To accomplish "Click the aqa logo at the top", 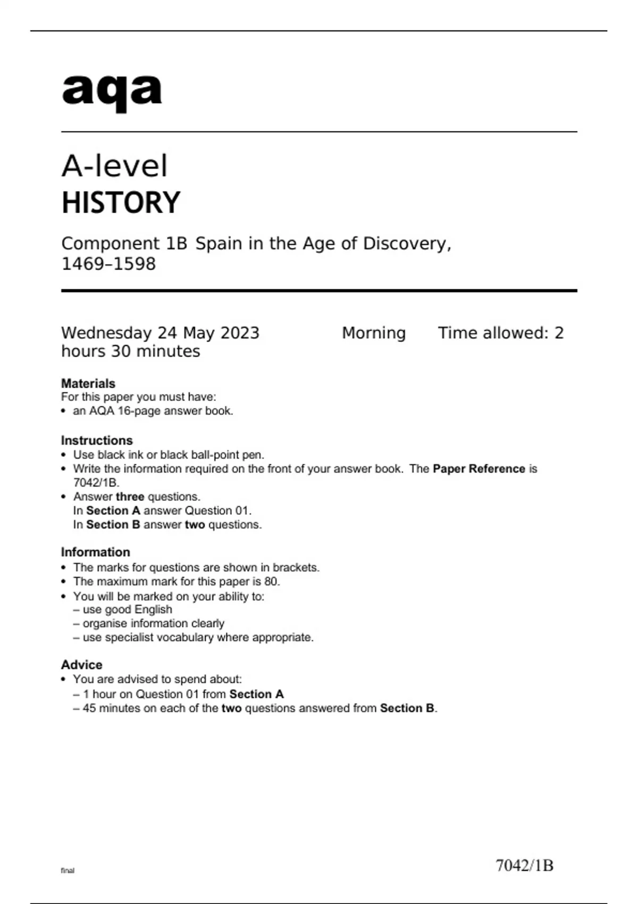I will (x=112, y=91).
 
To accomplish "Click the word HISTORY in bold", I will (x=121, y=203).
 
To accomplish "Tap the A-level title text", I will (x=114, y=166).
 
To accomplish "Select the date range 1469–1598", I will (x=108, y=264).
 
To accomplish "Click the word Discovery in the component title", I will (x=407, y=244).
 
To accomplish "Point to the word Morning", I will (x=373, y=333).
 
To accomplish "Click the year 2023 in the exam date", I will (x=240, y=333).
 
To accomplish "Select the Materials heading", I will (x=88, y=383).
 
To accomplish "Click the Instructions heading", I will (x=97, y=440).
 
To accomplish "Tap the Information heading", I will (x=96, y=552).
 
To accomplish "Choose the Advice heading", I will (x=82, y=665).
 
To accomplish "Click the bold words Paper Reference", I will (x=478, y=468).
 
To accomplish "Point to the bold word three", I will (x=130, y=497).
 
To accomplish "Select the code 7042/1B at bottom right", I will (x=524, y=866).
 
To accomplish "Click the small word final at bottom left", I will (x=68, y=870).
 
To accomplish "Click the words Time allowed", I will (x=493, y=333).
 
